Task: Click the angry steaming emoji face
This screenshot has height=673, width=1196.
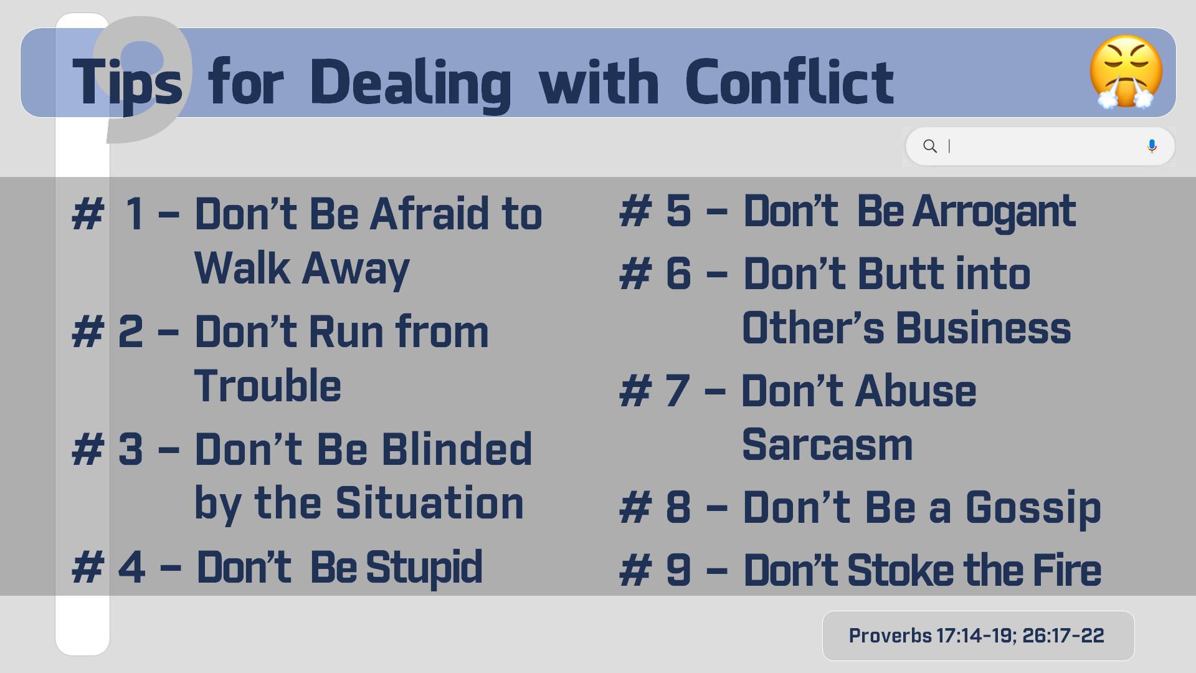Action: point(1126,72)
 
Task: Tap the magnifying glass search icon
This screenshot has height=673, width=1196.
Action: point(930,146)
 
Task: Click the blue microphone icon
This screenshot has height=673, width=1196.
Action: point(1152,146)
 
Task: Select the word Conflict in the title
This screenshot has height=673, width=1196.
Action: point(789,82)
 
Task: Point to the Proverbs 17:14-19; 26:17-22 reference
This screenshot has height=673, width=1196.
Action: point(976,636)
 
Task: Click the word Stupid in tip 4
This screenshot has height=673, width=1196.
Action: point(424,568)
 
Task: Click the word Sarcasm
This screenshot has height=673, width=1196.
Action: point(827,445)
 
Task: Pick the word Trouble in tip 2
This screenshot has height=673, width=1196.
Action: point(268,385)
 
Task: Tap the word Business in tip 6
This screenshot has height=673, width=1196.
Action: point(984,328)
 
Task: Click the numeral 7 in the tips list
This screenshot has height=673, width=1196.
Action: point(678,391)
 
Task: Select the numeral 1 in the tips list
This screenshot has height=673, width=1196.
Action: point(135,213)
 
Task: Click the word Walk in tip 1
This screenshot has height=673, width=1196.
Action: point(242,268)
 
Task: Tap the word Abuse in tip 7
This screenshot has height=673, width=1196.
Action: point(916,391)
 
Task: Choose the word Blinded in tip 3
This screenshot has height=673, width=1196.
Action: point(457,449)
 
